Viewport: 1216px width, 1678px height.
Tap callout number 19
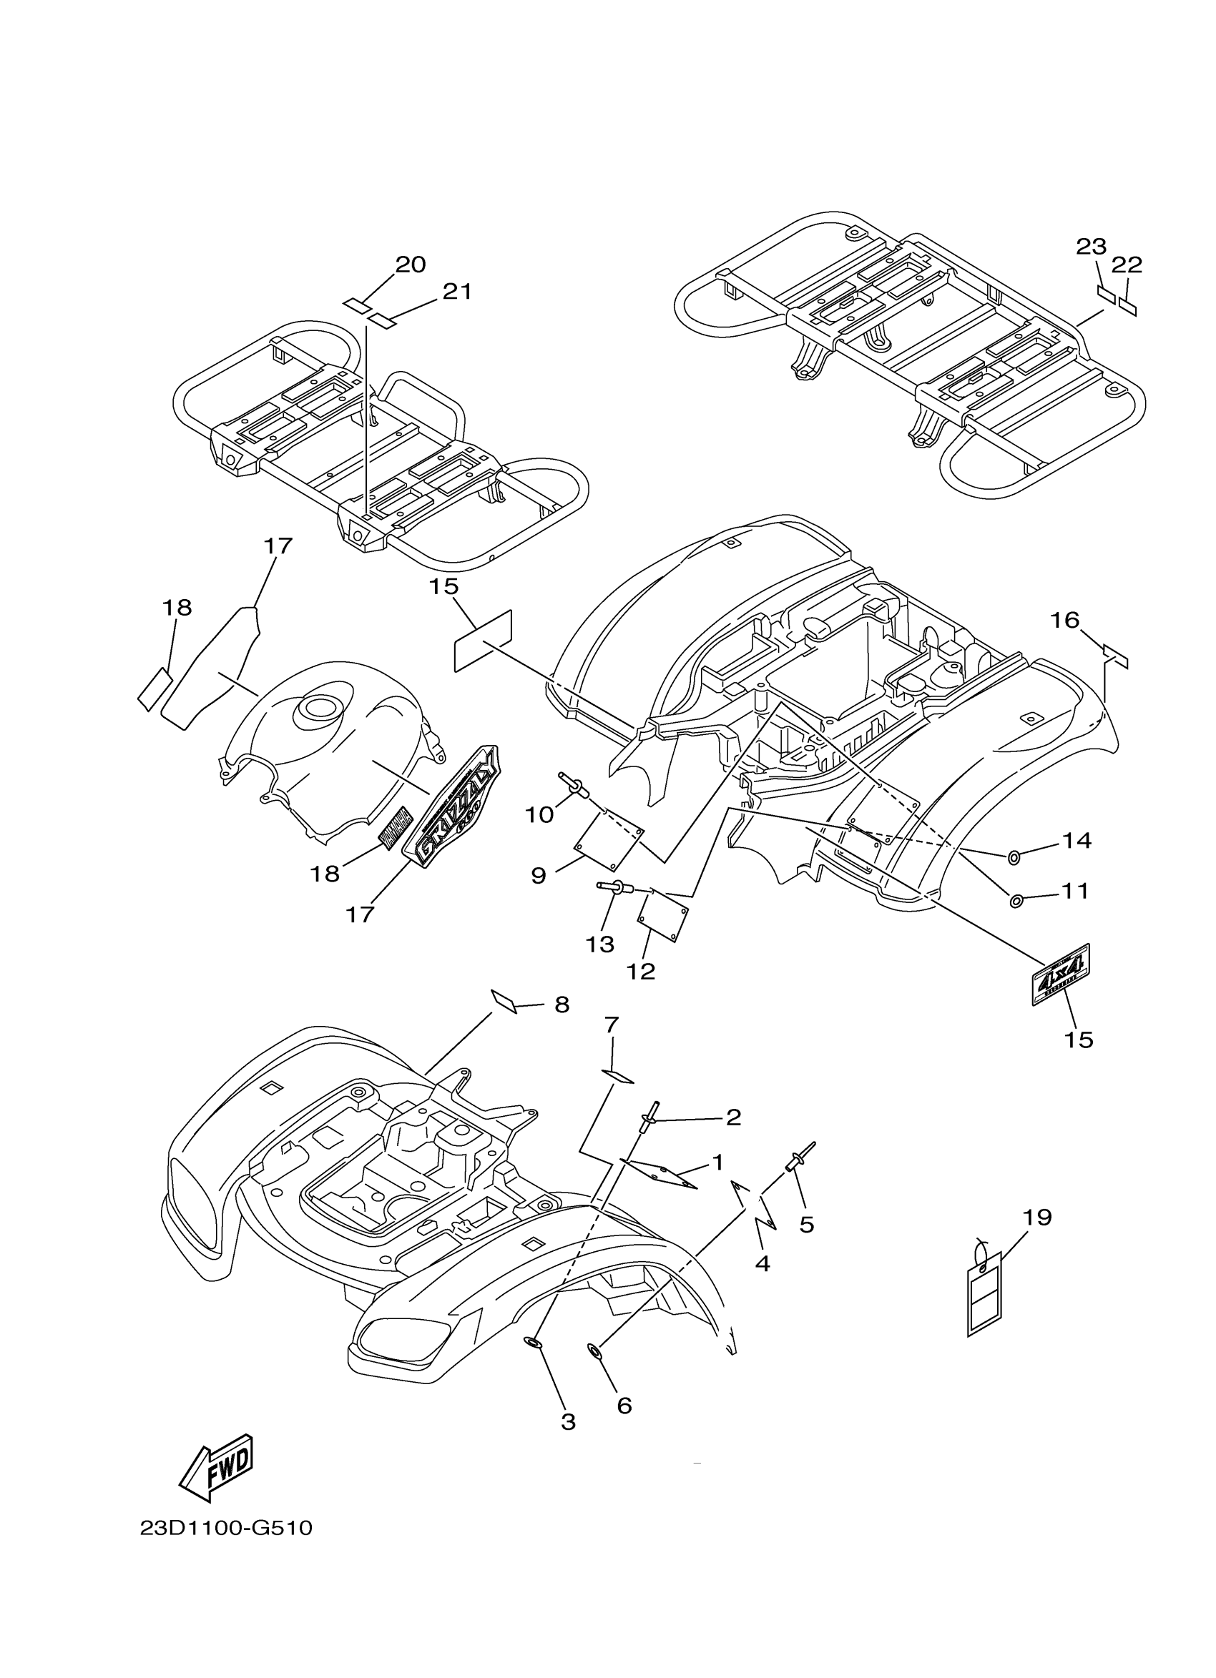(1037, 1218)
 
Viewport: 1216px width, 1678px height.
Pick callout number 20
(411, 264)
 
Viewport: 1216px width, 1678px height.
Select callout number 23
(1091, 247)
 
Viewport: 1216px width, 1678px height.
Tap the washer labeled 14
(1014, 857)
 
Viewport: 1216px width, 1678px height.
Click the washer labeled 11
(1016, 900)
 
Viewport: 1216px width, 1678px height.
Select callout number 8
(562, 1005)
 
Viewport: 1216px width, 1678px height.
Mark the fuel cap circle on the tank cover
(320, 708)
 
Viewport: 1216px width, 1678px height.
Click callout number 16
(1065, 620)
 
